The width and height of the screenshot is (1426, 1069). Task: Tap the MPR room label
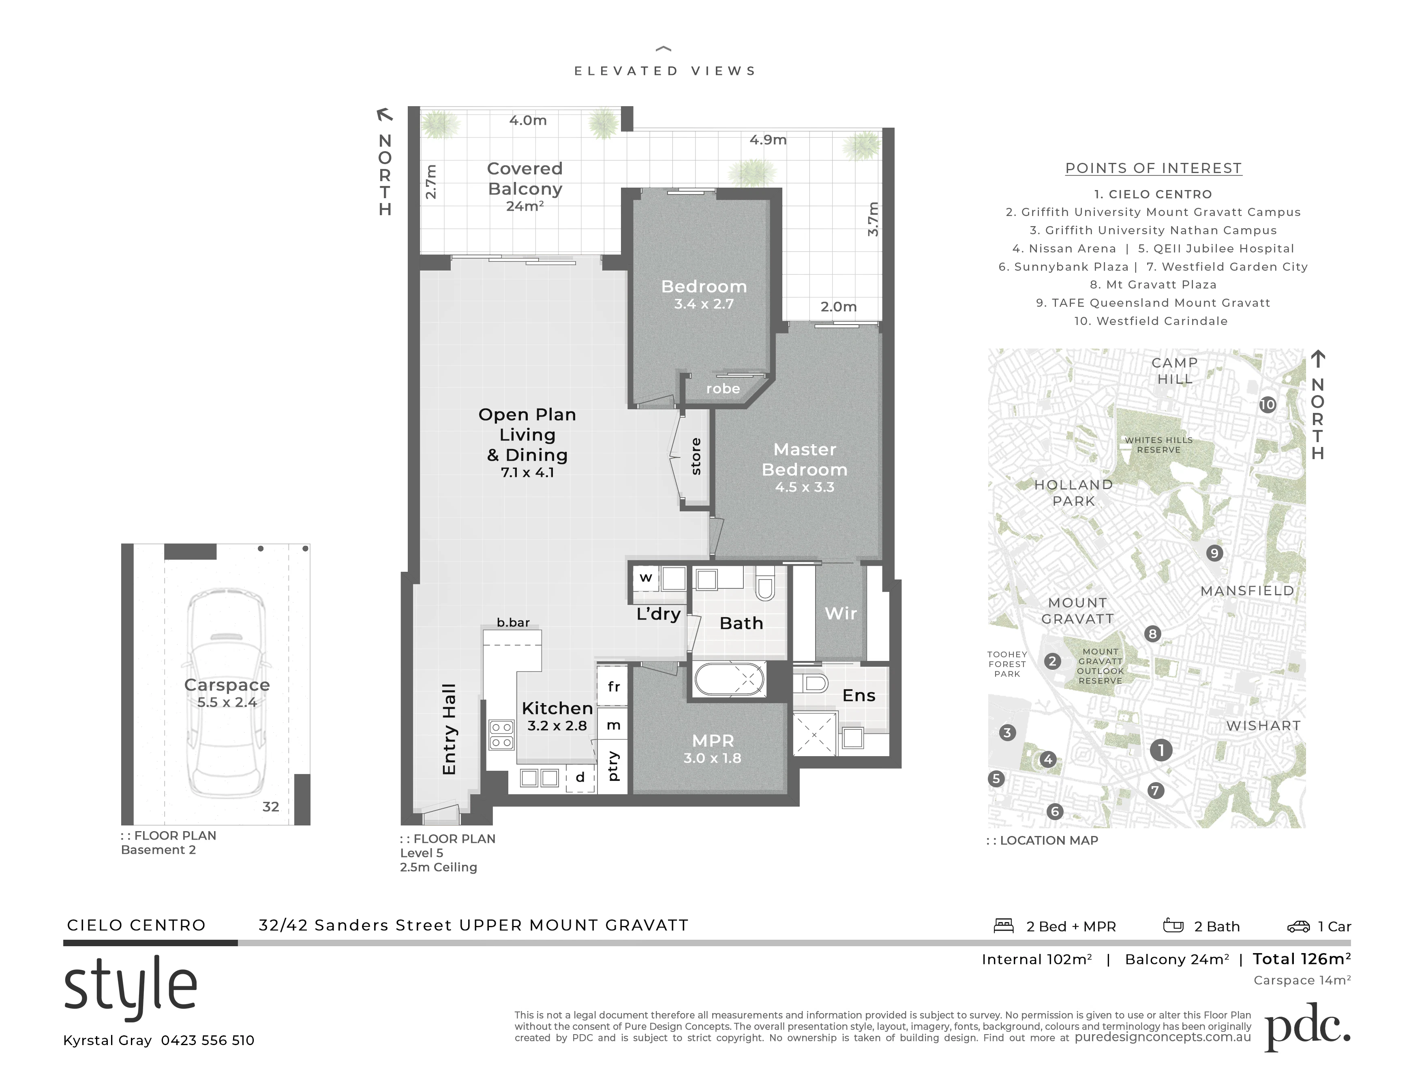[712, 741]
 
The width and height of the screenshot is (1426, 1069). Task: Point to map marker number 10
[1268, 405]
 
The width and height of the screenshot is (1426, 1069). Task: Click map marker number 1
[1161, 750]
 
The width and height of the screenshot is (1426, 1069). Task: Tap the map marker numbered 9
[1214, 553]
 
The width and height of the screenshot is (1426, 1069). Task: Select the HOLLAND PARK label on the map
[1073, 493]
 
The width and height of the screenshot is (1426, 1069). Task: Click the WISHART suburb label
[1263, 725]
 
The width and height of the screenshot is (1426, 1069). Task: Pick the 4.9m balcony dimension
[768, 140]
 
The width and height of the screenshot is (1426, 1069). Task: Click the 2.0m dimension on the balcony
[838, 307]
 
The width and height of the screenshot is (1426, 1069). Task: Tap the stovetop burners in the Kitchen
[501, 735]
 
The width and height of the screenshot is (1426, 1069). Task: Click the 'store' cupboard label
[696, 456]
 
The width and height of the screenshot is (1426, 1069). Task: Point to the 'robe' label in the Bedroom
[723, 389]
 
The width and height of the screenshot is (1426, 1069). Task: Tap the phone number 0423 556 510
[208, 1041]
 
